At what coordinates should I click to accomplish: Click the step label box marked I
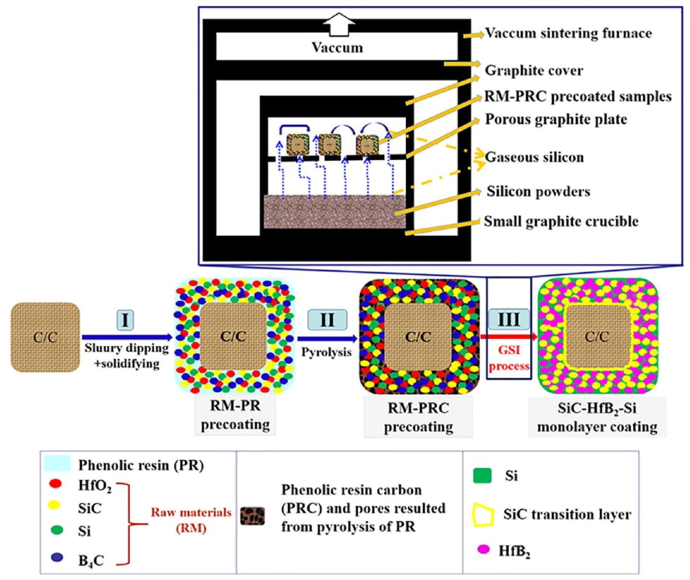pyautogui.click(x=125, y=320)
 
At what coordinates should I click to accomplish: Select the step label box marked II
pyautogui.click(x=327, y=320)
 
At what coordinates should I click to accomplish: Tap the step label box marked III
pyautogui.click(x=509, y=319)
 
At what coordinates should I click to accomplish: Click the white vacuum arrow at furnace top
pyautogui.click(x=339, y=26)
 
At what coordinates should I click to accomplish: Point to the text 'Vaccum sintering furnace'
pyautogui.click(x=568, y=33)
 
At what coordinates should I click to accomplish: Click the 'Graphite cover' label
pyautogui.click(x=534, y=70)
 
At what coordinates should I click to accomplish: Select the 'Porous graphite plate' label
pyautogui.click(x=556, y=119)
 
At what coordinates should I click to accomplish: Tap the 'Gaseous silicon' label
pyautogui.click(x=534, y=157)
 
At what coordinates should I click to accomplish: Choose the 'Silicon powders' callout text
pyautogui.click(x=538, y=192)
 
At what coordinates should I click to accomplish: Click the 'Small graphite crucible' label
pyautogui.click(x=561, y=221)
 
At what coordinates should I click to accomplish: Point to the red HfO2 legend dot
pyautogui.click(x=56, y=484)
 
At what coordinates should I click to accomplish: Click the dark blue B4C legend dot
pyautogui.click(x=57, y=557)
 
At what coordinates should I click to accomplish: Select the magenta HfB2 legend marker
pyautogui.click(x=484, y=549)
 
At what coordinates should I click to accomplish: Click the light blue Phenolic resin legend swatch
pyautogui.click(x=57, y=464)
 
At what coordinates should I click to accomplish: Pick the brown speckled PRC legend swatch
pyautogui.click(x=252, y=515)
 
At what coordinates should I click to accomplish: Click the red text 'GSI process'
pyautogui.click(x=509, y=358)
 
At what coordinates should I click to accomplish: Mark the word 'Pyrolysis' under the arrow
pyautogui.click(x=326, y=352)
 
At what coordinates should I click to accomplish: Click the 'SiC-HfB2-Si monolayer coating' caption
pyautogui.click(x=597, y=417)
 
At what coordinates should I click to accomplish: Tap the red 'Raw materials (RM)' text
pyautogui.click(x=191, y=520)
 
